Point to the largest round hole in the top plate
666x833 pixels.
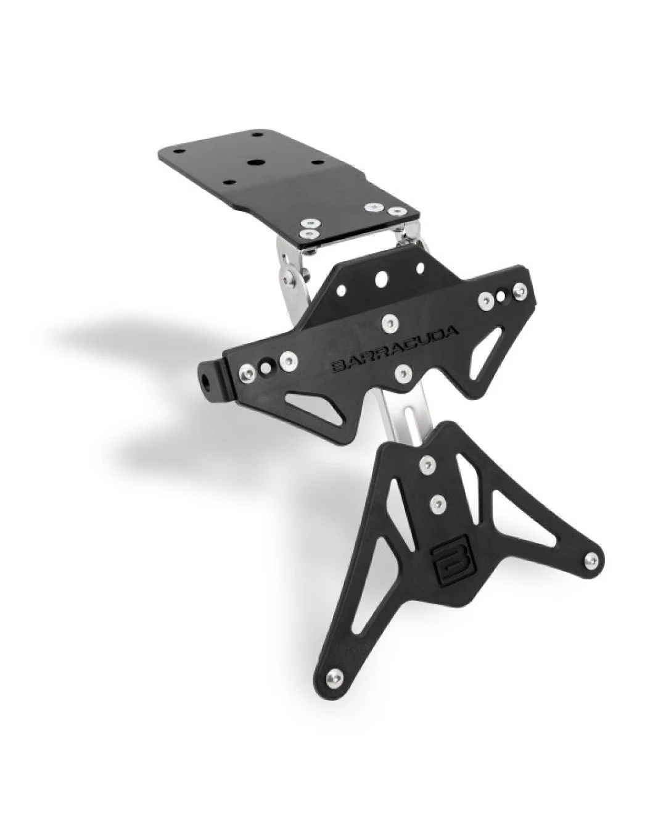[254, 163]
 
